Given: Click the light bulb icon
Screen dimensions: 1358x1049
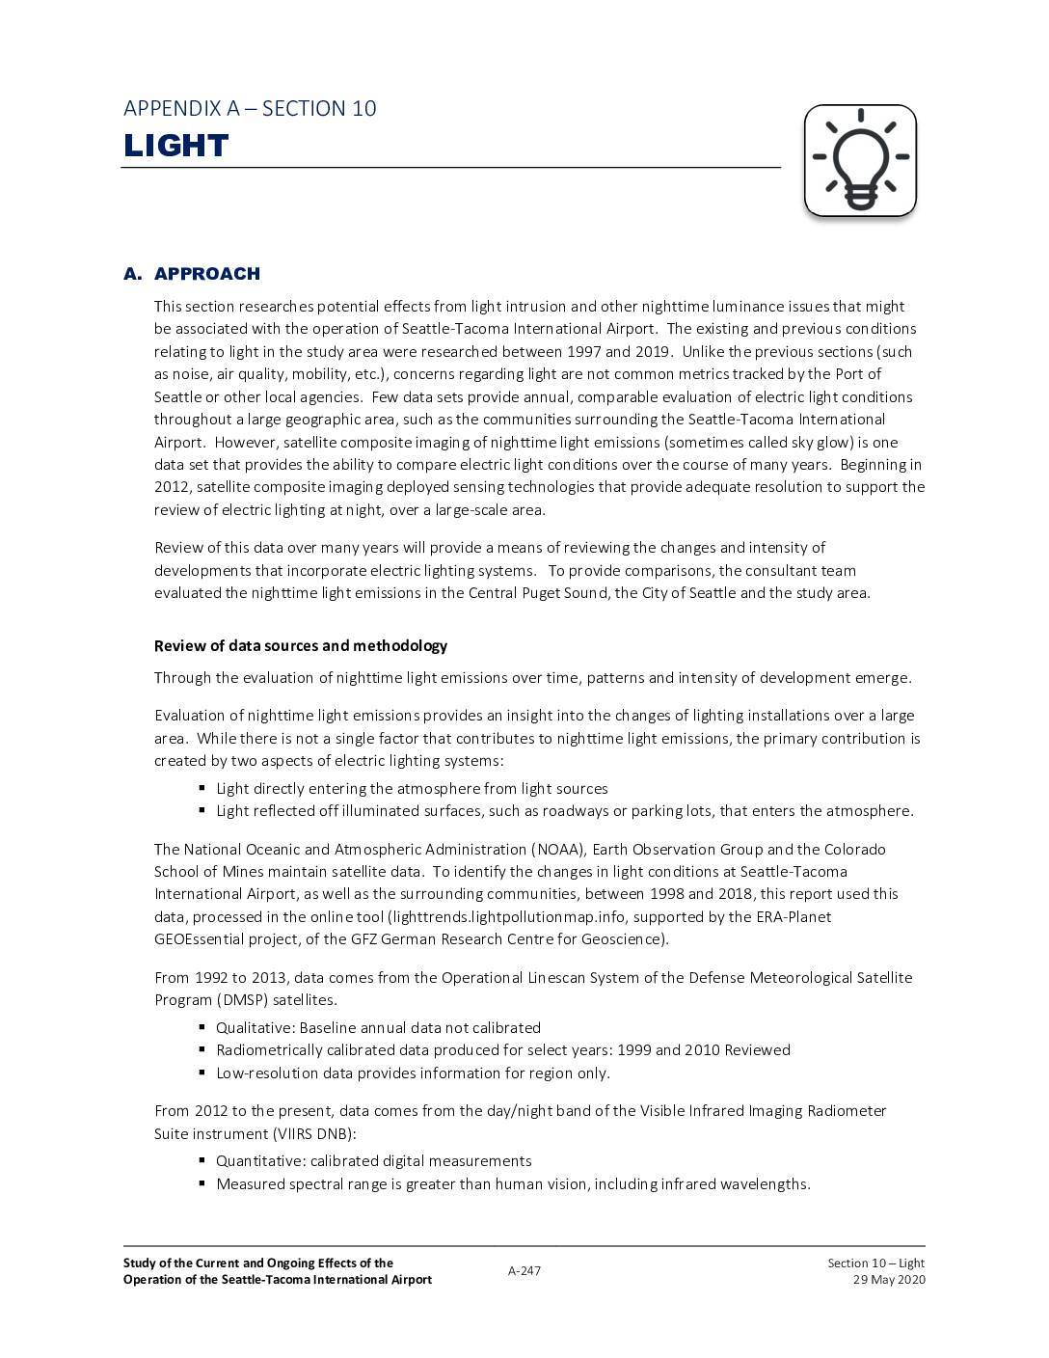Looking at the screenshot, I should click(x=860, y=160).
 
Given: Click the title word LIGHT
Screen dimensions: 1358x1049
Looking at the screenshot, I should click(x=176, y=146).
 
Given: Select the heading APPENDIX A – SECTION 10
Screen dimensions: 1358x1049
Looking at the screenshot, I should click(x=250, y=108).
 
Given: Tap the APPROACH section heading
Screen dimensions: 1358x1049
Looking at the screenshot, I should click(x=206, y=274).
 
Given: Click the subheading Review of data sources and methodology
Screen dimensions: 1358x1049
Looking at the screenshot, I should click(x=301, y=645).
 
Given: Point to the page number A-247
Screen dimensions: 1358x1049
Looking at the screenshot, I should click(x=524, y=1270).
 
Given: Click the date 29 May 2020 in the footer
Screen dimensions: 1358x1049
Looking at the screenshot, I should click(x=889, y=1279).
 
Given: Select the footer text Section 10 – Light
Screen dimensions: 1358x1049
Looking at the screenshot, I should click(x=875, y=1263).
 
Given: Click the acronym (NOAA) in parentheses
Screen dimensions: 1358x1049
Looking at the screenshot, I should click(x=557, y=849).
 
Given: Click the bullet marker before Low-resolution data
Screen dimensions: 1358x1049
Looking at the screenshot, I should click(x=202, y=1073).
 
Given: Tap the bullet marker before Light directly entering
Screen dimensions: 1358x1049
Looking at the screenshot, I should click(x=202, y=788).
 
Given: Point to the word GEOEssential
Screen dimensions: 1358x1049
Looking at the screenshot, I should click(x=200, y=938).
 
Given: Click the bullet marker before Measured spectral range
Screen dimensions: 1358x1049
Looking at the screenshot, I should click(x=202, y=1183).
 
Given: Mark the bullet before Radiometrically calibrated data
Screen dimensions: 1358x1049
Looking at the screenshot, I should click(x=202, y=1049).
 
